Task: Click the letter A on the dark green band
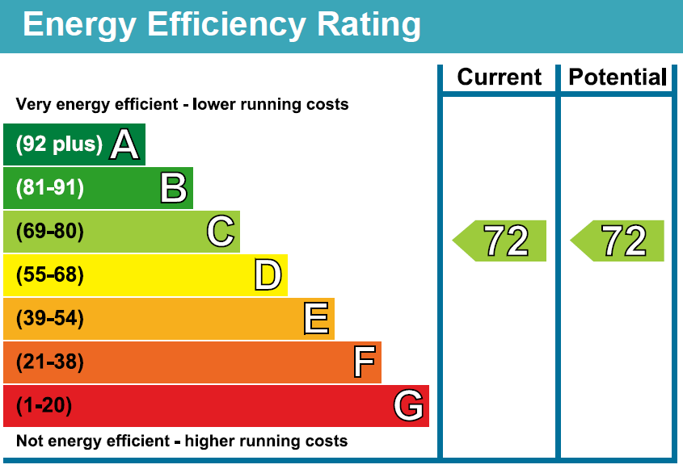click(x=125, y=145)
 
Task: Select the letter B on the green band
click(x=174, y=189)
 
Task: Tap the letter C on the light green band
click(x=221, y=232)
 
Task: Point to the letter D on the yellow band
click(x=268, y=275)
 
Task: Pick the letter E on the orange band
click(x=316, y=319)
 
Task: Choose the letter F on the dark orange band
click(x=365, y=362)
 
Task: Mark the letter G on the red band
click(x=409, y=405)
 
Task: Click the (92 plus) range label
click(x=60, y=145)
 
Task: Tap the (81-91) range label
click(x=50, y=189)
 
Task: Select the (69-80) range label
click(x=50, y=232)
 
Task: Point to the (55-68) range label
click(x=50, y=275)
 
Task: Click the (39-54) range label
click(x=50, y=319)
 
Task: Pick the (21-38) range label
click(x=50, y=362)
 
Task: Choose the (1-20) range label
click(x=44, y=406)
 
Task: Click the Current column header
click(x=499, y=77)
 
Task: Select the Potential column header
click(x=618, y=77)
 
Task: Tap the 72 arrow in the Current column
click(x=501, y=241)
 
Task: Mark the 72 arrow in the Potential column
click(x=619, y=241)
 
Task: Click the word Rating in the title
click(x=369, y=25)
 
